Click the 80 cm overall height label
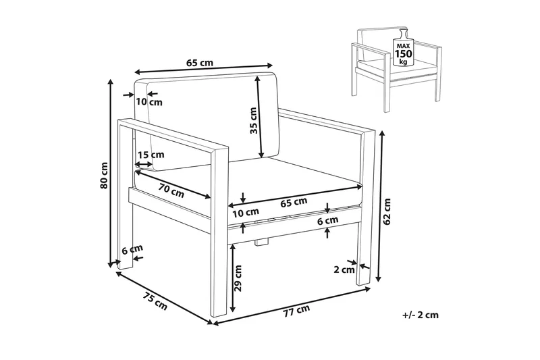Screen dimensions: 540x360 pos(104,176)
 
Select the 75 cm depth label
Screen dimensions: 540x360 pos(155,300)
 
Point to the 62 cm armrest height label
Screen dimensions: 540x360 pos(387,212)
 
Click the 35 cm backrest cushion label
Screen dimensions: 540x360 pos(253,121)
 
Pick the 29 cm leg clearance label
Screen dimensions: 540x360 pos(238,278)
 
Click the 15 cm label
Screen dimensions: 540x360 pos(151,155)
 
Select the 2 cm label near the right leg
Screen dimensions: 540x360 pos(344,269)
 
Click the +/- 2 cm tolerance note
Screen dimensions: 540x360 pos(421,315)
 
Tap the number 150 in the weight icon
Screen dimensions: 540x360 pos(403,54)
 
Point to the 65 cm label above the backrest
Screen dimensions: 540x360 pos(200,63)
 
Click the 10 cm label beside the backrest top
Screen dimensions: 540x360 pos(148,102)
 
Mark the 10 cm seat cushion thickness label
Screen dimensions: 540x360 pos(246,213)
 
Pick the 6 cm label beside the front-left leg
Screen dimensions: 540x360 pos(132,249)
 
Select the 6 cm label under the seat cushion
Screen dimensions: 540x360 pos(327,220)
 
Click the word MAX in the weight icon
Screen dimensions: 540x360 pos(403,45)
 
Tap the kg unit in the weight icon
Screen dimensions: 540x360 pos(403,62)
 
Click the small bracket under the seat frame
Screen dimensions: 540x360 pos(261,242)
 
